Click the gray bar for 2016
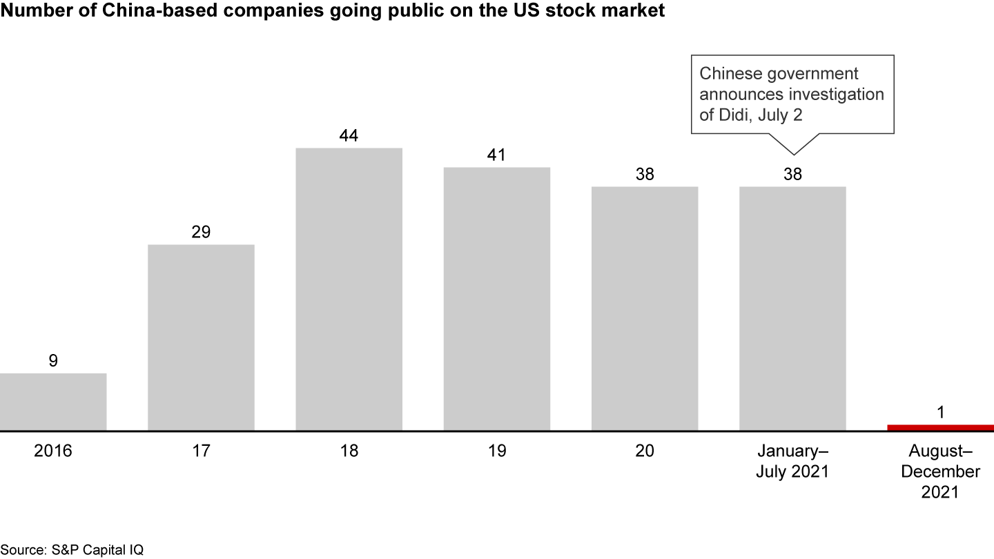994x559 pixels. pos(53,402)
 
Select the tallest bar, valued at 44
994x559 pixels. pos(349,289)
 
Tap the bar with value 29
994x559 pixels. pos(202,337)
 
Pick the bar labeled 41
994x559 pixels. pos(497,299)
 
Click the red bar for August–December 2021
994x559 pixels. pos(940,428)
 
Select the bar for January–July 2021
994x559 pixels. pos(792,308)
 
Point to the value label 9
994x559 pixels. pos(53,361)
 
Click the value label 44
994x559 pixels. pos(349,136)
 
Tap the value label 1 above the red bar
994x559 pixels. pos(940,412)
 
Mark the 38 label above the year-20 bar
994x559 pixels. pos(645,175)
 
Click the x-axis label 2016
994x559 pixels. pos(53,451)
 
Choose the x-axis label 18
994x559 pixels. pos(349,451)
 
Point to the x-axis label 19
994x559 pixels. pos(497,451)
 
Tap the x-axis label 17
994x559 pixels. pos(202,451)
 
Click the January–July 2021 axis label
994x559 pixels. pos(792,462)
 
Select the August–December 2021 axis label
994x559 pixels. pos(940,471)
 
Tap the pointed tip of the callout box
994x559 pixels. pos(792,153)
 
